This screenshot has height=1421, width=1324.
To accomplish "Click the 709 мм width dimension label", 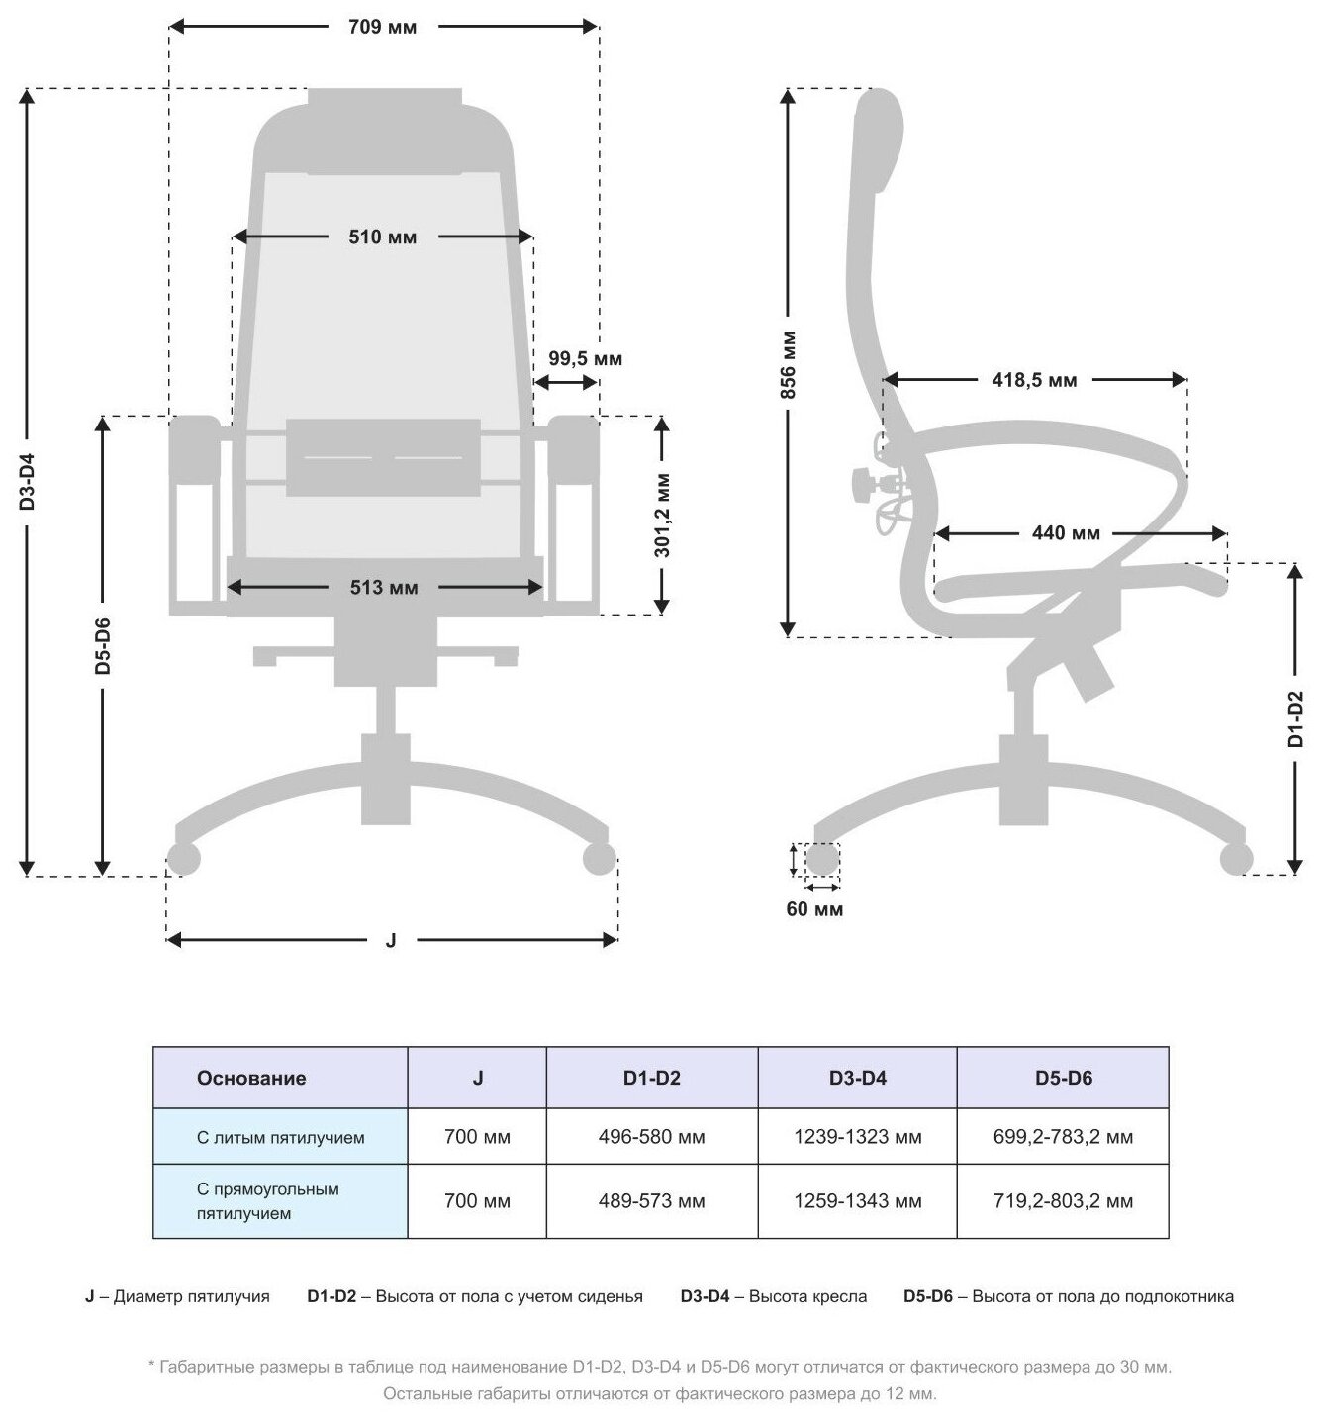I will pyautogui.click(x=382, y=27).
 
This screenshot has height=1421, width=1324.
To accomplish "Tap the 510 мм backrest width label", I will pyautogui.click(x=382, y=237).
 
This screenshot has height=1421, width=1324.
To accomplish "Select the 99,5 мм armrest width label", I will pyautogui.click(x=585, y=358).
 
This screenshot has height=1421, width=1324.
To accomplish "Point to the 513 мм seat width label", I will pyautogui.click(x=384, y=588).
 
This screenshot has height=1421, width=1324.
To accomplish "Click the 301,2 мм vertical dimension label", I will pyautogui.click(x=662, y=515).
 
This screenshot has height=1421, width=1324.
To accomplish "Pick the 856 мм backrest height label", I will pyautogui.click(x=788, y=363).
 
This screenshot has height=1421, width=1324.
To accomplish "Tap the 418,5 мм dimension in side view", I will pyautogui.click(x=1034, y=380).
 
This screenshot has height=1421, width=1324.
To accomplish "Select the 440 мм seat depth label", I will pyautogui.click(x=1066, y=534).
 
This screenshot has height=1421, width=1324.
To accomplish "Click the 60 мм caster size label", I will pyautogui.click(x=814, y=909).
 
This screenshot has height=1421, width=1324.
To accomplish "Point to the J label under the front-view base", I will pyautogui.click(x=391, y=941).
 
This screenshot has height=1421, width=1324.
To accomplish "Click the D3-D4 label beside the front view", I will pyautogui.click(x=28, y=482).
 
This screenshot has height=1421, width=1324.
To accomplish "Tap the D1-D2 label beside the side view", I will pyautogui.click(x=1296, y=718).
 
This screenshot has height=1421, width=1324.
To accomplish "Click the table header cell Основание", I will pyautogui.click(x=251, y=1078).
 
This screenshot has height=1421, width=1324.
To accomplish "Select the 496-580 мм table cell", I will pyautogui.click(x=651, y=1137).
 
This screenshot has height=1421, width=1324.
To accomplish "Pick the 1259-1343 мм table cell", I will pyautogui.click(x=857, y=1201).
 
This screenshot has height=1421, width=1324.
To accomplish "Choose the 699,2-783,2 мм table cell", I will pyautogui.click(x=1063, y=1137).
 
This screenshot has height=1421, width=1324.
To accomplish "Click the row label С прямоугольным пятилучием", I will pyautogui.click(x=267, y=1201).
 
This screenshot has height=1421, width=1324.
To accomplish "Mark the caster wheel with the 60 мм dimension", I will pyautogui.click(x=822, y=859).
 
